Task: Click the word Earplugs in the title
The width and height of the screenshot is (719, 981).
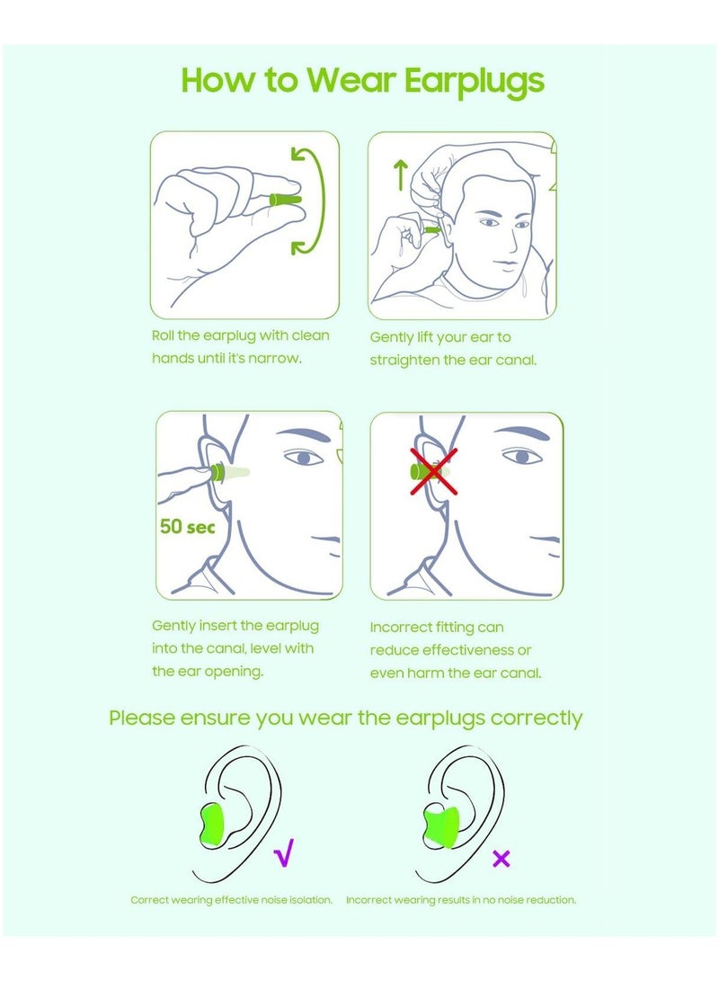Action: pyautogui.click(x=475, y=81)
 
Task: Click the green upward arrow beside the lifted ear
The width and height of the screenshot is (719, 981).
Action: pyautogui.click(x=401, y=174)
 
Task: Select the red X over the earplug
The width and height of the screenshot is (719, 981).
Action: pyautogui.click(x=434, y=470)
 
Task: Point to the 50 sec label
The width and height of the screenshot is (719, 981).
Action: pyautogui.click(x=187, y=527)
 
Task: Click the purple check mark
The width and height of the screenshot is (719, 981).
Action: pyautogui.click(x=284, y=852)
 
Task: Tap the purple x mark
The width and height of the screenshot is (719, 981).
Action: pyautogui.click(x=502, y=859)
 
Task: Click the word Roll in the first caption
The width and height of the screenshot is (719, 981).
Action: pyautogui.click(x=165, y=335)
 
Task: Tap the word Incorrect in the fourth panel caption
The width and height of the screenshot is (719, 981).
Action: pyautogui.click(x=402, y=627)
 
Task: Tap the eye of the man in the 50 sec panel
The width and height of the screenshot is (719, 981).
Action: pyautogui.click(x=304, y=458)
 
